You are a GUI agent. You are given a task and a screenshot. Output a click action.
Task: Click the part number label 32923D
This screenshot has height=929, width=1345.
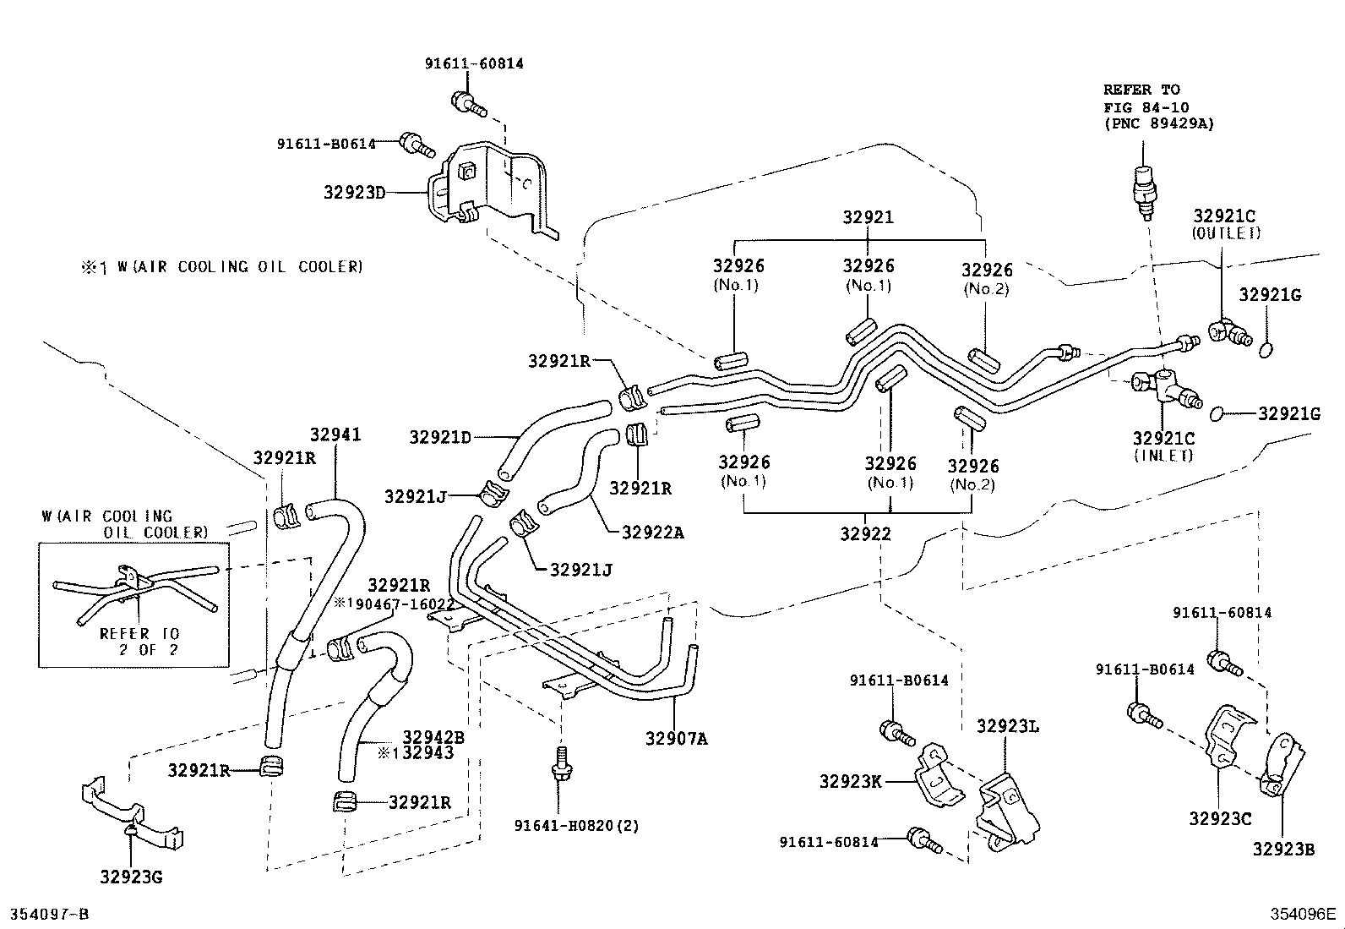(x=354, y=192)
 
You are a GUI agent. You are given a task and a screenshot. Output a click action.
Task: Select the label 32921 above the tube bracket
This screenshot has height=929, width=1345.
(x=868, y=217)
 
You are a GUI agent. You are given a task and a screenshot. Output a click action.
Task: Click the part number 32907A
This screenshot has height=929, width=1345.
(x=677, y=738)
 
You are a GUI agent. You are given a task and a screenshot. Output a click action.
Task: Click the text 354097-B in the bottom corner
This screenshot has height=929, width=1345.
(x=49, y=915)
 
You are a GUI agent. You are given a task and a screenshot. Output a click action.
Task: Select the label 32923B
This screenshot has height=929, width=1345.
(x=1283, y=850)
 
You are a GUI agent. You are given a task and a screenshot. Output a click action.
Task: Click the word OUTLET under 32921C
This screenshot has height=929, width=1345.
(x=1226, y=233)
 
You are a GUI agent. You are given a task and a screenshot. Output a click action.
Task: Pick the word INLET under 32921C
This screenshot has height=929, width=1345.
(x=1163, y=455)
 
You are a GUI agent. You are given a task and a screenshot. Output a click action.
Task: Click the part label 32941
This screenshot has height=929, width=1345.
(x=335, y=434)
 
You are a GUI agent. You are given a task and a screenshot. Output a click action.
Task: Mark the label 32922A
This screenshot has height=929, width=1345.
(x=653, y=533)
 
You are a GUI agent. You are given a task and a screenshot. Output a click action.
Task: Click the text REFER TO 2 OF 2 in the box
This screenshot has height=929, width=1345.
(x=139, y=642)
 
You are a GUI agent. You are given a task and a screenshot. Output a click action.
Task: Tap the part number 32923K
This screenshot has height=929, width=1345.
(x=850, y=781)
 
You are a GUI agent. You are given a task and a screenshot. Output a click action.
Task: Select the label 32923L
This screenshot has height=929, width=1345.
(x=1008, y=726)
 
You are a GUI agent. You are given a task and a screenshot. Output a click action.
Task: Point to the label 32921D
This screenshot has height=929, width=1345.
(x=440, y=437)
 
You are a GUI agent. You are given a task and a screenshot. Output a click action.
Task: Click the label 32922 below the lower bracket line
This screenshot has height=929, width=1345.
(x=866, y=534)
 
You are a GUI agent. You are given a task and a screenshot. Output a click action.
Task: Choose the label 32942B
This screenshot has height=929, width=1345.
(x=433, y=737)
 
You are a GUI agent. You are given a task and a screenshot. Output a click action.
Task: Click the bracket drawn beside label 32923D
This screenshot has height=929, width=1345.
(x=490, y=190)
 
